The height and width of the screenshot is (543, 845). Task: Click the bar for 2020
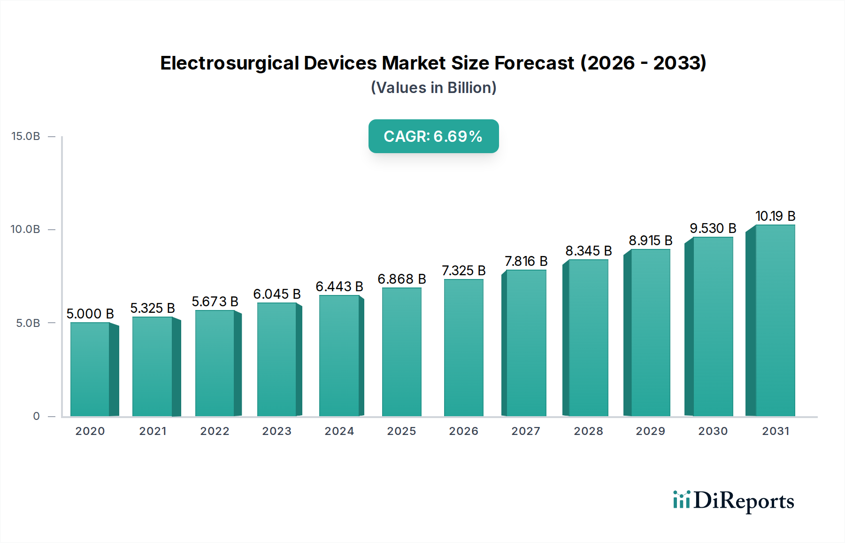pyautogui.click(x=90, y=369)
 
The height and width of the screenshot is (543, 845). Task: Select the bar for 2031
pyautogui.click(x=775, y=320)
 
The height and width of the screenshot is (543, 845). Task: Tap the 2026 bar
pyautogui.click(x=463, y=348)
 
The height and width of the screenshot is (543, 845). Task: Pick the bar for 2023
pyautogui.click(x=277, y=359)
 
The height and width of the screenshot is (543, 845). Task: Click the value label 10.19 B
pyautogui.click(x=775, y=216)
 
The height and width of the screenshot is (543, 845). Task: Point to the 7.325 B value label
pyautogui.click(x=463, y=271)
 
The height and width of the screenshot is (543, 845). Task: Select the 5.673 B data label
pyautogui.click(x=215, y=302)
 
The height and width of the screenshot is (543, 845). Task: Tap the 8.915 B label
pyautogui.click(x=650, y=240)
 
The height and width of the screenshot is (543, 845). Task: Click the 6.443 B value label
pyautogui.click(x=339, y=287)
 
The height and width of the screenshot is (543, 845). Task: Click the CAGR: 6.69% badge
pyautogui.click(x=433, y=136)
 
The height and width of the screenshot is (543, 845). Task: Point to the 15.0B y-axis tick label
pyautogui.click(x=26, y=136)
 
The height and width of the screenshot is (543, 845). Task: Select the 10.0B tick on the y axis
pyautogui.click(x=26, y=229)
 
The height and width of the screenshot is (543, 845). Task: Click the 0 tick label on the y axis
pyautogui.click(x=36, y=416)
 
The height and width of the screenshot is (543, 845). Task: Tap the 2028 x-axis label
pyautogui.click(x=588, y=431)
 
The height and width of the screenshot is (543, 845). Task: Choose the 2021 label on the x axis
pyautogui.click(x=153, y=431)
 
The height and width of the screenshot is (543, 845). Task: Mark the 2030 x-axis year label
pyautogui.click(x=713, y=431)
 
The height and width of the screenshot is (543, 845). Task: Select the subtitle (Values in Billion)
pyautogui.click(x=433, y=88)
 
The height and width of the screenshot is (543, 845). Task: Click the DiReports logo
pyautogui.click(x=733, y=501)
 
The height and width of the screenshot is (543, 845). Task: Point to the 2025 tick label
pyautogui.click(x=401, y=431)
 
